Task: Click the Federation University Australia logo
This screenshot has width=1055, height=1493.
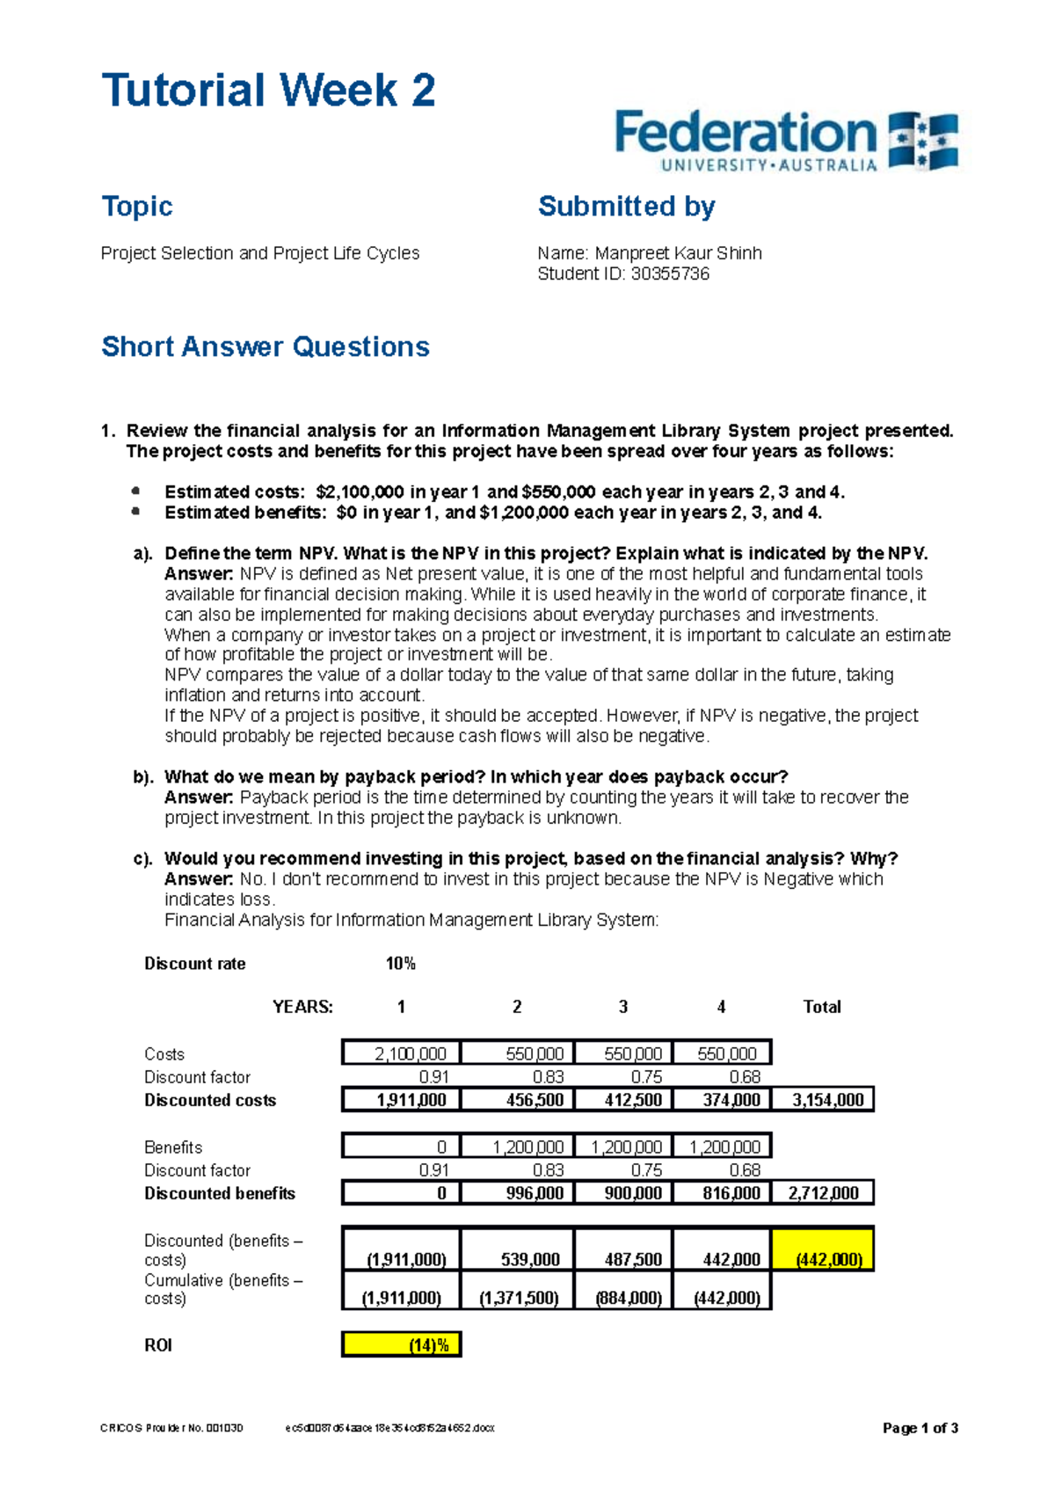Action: coord(785,140)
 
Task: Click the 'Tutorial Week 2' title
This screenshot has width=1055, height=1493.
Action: coord(268,91)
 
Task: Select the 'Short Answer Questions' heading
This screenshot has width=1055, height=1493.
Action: coord(265,346)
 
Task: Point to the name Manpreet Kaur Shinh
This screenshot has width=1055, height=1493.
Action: coord(678,253)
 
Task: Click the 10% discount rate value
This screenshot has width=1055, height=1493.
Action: coord(400,964)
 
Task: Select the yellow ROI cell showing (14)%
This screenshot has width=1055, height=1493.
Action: coord(402,1344)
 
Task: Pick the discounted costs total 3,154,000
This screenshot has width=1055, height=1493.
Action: coord(827,1100)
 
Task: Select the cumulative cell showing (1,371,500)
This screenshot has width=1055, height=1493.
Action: coord(519,1298)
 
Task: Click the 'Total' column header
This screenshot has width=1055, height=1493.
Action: coord(822,1007)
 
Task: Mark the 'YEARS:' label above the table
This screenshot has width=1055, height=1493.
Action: coord(302,1007)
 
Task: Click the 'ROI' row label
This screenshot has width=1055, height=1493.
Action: coord(158,1345)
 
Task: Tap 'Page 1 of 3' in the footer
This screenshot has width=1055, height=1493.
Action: coord(920,1428)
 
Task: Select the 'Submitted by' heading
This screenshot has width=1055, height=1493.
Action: coord(626,206)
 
